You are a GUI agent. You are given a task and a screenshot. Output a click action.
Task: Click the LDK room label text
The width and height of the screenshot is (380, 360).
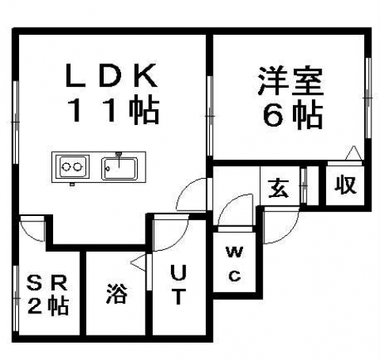(111, 75)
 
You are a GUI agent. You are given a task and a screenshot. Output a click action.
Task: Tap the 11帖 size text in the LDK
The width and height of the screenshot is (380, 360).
(114, 111)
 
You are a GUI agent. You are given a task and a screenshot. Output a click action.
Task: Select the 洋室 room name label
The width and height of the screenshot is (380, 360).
(291, 81)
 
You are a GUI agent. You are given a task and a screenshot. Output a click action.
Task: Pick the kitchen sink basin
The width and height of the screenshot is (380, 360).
(120, 169)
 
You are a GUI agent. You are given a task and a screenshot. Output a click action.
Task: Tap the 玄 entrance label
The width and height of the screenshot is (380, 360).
(278, 188)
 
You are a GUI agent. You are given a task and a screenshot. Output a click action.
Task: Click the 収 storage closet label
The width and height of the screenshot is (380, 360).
(345, 185)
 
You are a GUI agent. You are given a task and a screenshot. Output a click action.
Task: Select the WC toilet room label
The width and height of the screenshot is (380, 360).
(234, 263)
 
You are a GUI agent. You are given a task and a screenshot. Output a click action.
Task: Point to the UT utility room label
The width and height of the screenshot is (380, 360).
(179, 285)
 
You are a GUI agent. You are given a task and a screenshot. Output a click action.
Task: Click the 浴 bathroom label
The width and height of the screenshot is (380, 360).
(117, 294)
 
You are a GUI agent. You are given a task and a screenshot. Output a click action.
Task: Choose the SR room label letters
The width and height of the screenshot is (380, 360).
(47, 282)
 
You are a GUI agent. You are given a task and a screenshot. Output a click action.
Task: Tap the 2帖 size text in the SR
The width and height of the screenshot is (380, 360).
(48, 306)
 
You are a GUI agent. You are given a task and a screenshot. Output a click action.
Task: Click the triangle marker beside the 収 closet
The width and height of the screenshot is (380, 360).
(353, 153)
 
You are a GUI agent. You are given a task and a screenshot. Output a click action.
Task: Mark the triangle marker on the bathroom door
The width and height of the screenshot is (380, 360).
(138, 262)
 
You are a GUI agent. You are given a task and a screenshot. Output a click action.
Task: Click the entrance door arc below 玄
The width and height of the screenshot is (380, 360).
(290, 232)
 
